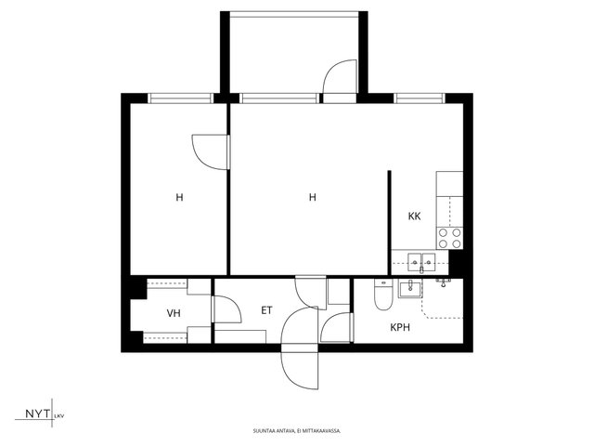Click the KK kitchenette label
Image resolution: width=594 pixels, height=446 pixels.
click(415, 216)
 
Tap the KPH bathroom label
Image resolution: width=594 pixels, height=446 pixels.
click(400, 327)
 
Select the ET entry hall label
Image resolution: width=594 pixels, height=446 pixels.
click(266, 310)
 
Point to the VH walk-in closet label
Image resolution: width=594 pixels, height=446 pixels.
click(174, 313)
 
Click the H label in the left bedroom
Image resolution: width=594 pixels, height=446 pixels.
click(179, 197)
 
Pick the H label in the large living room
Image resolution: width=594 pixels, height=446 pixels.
click(313, 197)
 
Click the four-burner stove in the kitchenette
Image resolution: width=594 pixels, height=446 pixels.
click(449, 238)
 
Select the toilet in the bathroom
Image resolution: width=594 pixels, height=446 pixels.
click(383, 295)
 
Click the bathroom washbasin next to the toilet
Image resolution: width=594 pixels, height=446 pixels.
click(409, 288)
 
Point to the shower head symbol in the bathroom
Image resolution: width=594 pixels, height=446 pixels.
click(444, 282)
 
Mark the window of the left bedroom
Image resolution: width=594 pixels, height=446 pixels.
click(180, 98)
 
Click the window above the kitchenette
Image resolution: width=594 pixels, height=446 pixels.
click(420, 98)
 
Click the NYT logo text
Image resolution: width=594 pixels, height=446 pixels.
click(37, 413)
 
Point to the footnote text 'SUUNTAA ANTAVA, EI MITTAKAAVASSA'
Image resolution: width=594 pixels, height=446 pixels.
click(297, 431)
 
